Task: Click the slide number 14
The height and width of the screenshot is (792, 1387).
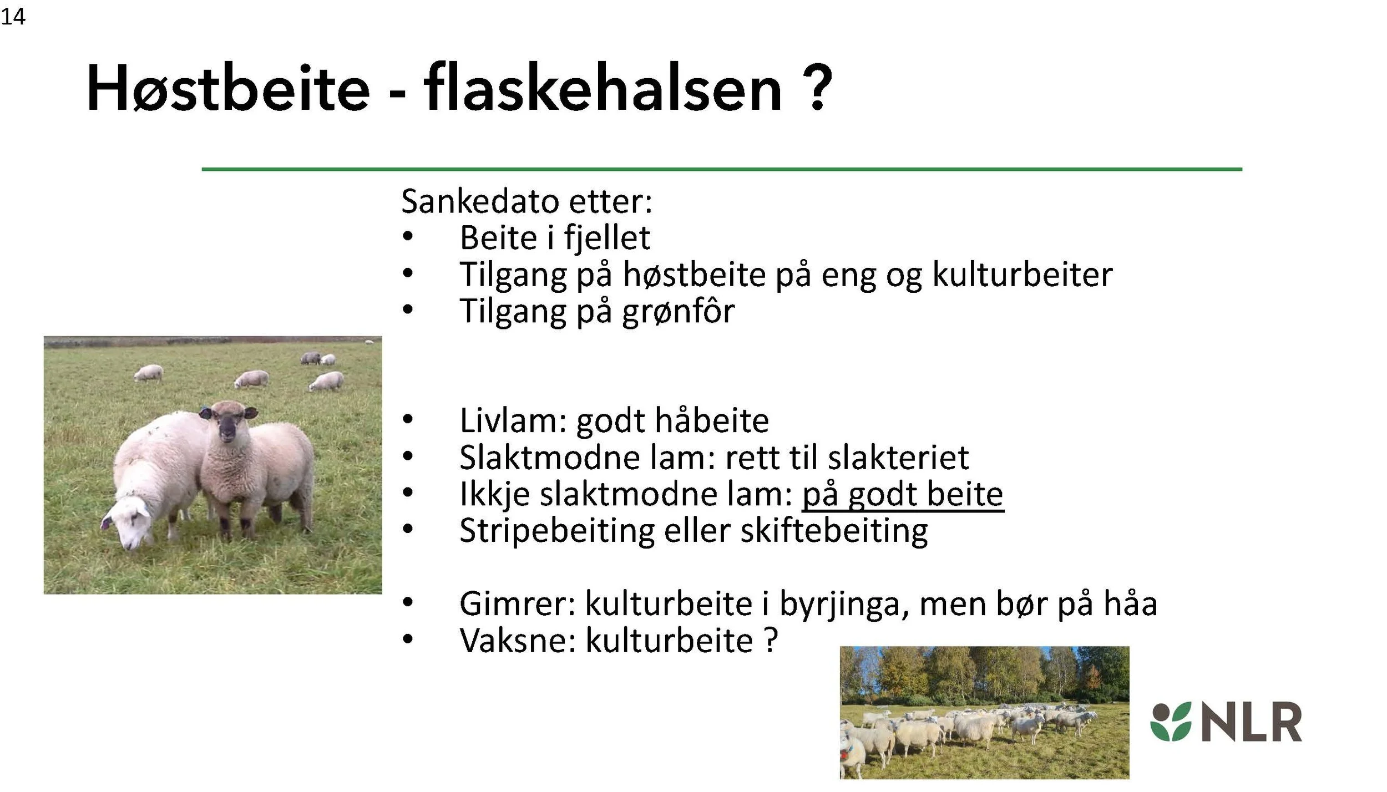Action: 13,17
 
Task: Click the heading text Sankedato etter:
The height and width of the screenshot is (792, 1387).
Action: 527,201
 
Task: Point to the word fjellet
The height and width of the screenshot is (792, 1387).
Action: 607,238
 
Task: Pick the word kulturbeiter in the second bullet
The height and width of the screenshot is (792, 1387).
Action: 1022,275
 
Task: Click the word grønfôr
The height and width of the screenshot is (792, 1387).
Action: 678,311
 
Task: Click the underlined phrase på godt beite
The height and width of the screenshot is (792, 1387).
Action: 903,494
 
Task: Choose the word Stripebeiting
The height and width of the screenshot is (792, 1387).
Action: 557,531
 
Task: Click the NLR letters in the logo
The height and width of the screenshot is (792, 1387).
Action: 1252,722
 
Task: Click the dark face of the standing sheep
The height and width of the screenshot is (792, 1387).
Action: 228,428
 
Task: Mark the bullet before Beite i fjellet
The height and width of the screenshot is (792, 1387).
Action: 408,237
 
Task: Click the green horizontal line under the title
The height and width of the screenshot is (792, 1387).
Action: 721,169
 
